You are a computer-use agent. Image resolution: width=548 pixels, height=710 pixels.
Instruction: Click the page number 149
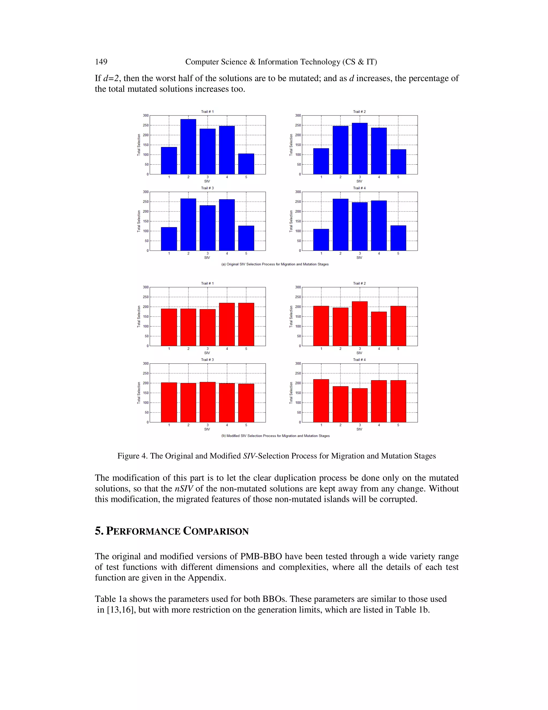101,62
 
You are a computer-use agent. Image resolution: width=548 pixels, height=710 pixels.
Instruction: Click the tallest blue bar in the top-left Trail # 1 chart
188,147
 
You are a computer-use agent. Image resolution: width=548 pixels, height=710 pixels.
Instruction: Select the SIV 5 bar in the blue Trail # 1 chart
246,164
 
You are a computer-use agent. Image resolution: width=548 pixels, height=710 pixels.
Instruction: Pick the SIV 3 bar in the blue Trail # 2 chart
359,149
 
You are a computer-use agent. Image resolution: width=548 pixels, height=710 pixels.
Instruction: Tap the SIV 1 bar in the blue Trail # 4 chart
321,240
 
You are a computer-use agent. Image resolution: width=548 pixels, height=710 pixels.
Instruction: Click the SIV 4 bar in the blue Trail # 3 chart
227,225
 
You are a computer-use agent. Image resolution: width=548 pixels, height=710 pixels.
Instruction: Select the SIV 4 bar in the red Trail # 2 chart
379,329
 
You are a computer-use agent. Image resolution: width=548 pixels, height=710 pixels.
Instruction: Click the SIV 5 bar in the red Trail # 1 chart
246,324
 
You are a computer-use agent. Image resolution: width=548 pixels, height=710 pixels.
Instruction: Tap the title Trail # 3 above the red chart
207,360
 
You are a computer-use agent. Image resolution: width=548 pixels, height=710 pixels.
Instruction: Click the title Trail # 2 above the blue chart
359,111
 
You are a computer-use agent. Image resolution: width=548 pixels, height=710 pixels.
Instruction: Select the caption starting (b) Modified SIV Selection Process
275,436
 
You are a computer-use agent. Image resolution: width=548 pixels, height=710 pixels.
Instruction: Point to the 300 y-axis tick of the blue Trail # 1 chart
146,115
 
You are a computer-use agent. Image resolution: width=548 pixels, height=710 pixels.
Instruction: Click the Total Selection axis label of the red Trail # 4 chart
291,393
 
